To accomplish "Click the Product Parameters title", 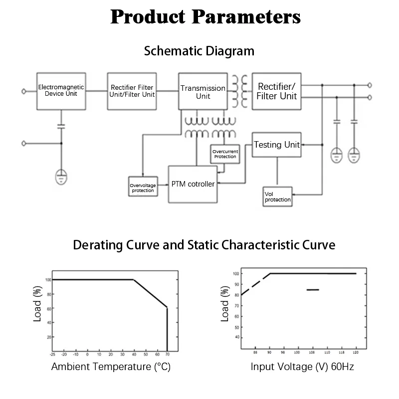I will (x=205, y=17).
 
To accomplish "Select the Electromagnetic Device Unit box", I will (x=61, y=91).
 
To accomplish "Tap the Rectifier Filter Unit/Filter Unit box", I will (x=133, y=91).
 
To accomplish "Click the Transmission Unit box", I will (x=202, y=91).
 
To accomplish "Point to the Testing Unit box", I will (x=276, y=145).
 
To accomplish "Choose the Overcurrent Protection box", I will (x=224, y=154).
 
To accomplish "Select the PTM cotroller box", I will (x=193, y=184).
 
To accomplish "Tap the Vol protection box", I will (x=277, y=197).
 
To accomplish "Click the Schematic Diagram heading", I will (x=199, y=51).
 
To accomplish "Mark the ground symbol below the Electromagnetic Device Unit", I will (x=61, y=176).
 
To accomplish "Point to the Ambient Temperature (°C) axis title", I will (x=111, y=367).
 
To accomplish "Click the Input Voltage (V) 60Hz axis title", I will (x=302, y=367).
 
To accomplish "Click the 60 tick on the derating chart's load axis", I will (x=48, y=308).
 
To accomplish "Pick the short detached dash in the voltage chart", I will (x=313, y=289).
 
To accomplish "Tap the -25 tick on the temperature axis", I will (x=52, y=355).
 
